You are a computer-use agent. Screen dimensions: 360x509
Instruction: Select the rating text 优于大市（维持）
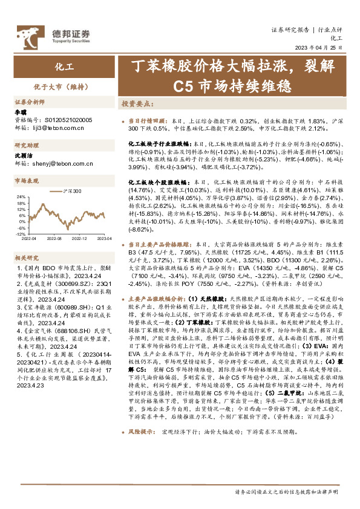click(x=60, y=86)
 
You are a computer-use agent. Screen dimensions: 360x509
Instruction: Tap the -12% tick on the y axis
click(x=19, y=233)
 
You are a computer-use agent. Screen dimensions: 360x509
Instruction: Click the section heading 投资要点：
click(x=137, y=104)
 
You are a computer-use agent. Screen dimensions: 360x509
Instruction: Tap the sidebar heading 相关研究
click(x=26, y=257)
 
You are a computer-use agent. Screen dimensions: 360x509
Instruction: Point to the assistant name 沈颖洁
click(x=23, y=155)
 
